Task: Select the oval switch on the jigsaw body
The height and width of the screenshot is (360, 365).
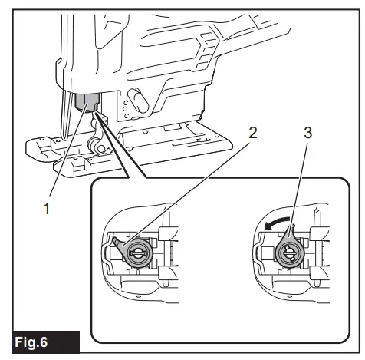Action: tap(133, 100)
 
